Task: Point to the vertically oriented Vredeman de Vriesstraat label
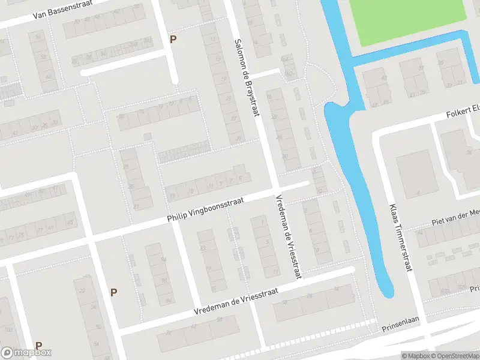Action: [287, 236]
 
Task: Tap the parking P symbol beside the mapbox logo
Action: [38, 346]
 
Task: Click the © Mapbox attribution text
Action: [416, 356]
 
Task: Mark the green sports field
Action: [414, 21]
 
